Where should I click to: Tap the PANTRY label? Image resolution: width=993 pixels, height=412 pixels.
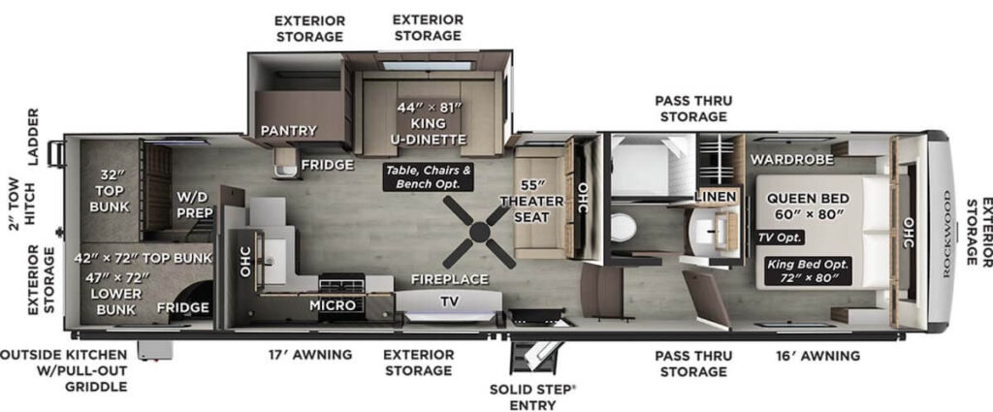281,130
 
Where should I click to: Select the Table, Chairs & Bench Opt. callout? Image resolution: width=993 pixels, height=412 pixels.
429,176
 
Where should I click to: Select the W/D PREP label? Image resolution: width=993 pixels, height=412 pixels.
194,205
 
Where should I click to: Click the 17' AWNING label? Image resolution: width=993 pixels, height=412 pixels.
310,355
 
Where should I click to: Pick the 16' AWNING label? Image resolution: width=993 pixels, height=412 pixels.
817,356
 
